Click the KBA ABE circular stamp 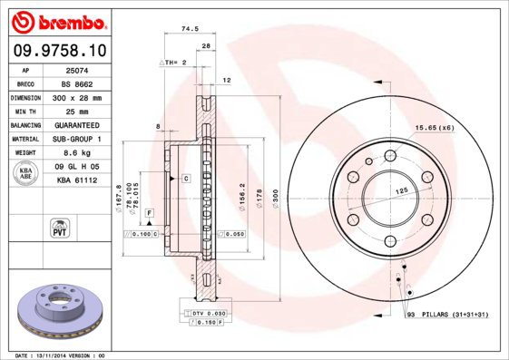point(26,173)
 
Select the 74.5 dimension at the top point(190,29)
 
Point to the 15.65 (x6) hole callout point(435,127)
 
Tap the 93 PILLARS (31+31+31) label point(448,314)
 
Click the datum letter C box point(185,179)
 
